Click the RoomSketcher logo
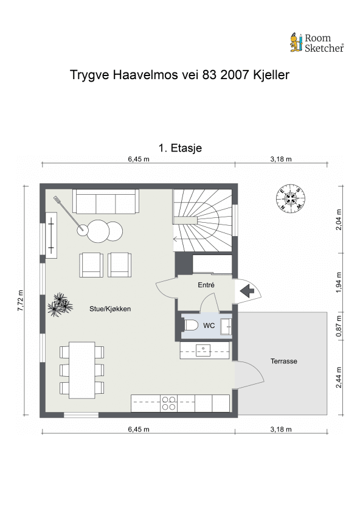click(316, 42)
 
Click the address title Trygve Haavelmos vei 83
click(179, 75)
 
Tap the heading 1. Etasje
click(179, 148)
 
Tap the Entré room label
click(206, 285)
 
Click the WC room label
click(209, 326)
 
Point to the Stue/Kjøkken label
click(110, 309)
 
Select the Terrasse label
click(283, 362)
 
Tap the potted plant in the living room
click(60, 304)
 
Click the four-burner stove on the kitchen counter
click(169, 403)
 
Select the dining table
click(81, 369)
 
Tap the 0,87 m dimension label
click(339, 324)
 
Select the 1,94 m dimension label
click(339, 283)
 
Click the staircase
click(203, 219)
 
